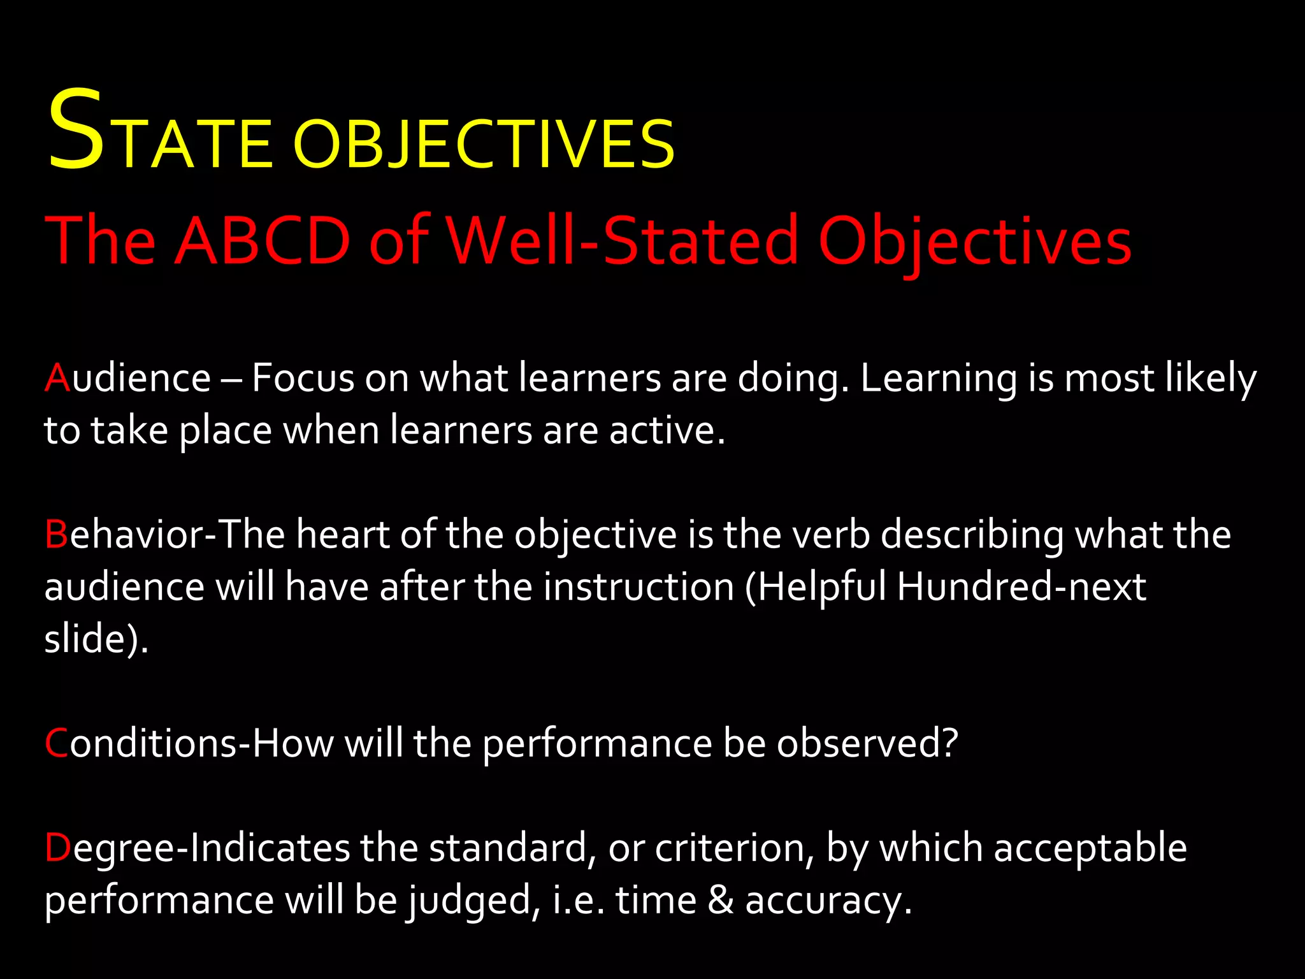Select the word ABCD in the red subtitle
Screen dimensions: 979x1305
coord(262,241)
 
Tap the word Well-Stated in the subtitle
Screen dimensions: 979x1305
coord(621,241)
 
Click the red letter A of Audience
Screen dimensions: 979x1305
coord(57,378)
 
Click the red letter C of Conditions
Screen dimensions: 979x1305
coord(56,743)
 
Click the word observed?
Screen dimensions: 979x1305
coord(867,743)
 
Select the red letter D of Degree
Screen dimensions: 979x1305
coord(57,848)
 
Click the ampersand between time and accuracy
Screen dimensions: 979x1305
coord(721,901)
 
